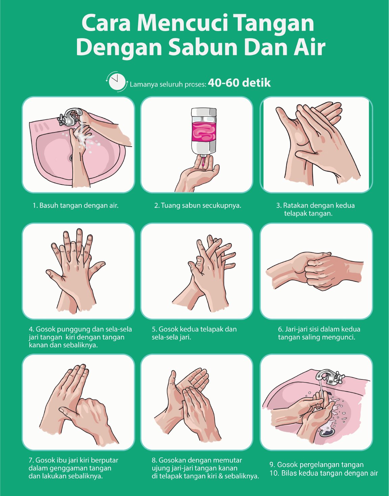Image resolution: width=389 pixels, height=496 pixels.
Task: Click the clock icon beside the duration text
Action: point(117,82)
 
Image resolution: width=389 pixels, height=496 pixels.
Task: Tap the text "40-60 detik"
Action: point(239,83)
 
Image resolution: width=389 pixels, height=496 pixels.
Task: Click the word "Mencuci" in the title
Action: point(182,23)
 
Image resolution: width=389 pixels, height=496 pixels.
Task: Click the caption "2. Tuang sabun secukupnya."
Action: point(198,205)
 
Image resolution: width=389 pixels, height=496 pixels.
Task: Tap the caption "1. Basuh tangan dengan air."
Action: point(76,205)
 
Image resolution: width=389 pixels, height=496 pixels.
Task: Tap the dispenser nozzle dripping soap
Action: point(203,158)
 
